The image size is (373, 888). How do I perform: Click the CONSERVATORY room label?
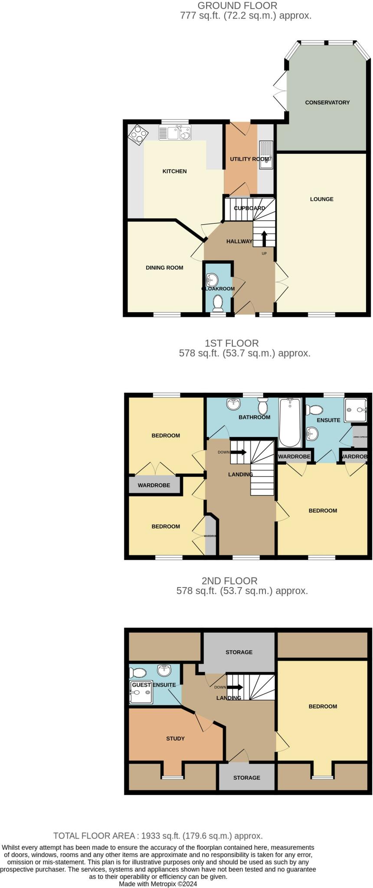(x=327, y=103)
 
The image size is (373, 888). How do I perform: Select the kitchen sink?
(x=175, y=132)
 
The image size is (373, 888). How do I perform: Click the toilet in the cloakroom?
(x=218, y=302)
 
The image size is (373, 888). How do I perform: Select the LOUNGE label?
(x=322, y=199)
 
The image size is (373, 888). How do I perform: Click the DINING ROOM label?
(x=164, y=268)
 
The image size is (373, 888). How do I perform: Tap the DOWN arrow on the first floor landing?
(x=239, y=452)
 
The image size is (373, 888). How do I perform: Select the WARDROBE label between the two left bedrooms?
(x=154, y=485)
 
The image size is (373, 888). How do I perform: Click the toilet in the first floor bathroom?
(x=262, y=407)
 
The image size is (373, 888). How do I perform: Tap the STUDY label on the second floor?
(x=175, y=738)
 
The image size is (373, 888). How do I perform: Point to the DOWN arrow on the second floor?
(x=235, y=687)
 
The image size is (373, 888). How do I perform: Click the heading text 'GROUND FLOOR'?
(x=237, y=6)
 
